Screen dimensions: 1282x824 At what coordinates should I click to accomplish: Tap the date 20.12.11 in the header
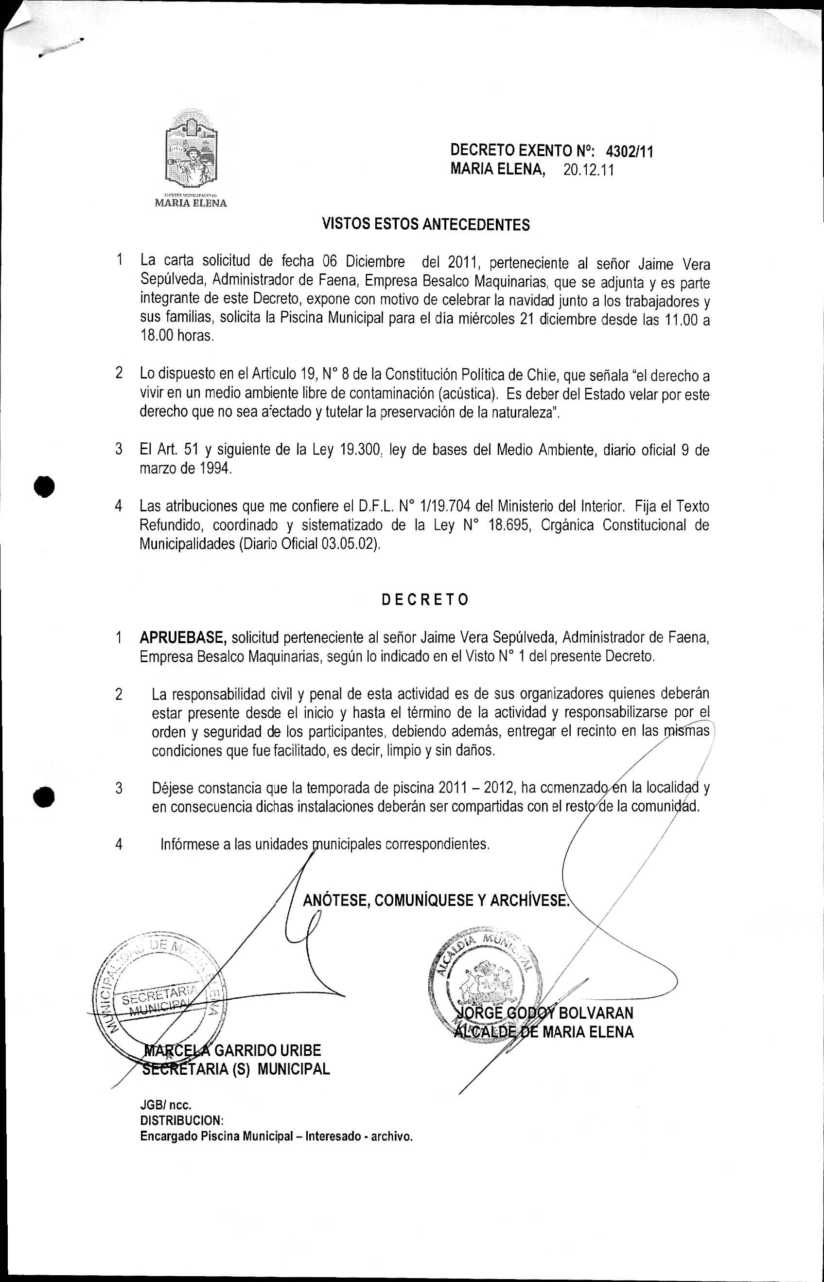[588, 170]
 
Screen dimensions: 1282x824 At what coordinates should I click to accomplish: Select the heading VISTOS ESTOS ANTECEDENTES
[425, 224]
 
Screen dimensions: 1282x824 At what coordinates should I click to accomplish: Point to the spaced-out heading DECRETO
[425, 600]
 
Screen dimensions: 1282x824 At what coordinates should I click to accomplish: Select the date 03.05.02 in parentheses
[346, 543]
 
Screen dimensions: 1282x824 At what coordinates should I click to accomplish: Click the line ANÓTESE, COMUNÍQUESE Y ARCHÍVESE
[435, 901]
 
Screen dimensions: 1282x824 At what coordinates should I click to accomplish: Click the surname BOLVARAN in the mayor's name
[596, 1013]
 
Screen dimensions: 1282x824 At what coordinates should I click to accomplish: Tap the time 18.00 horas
[176, 336]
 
